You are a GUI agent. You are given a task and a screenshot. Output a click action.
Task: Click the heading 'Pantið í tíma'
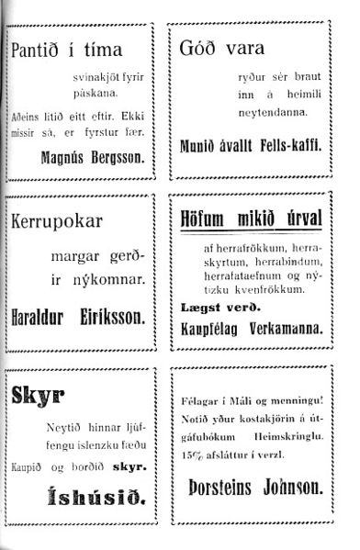pos(65,50)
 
